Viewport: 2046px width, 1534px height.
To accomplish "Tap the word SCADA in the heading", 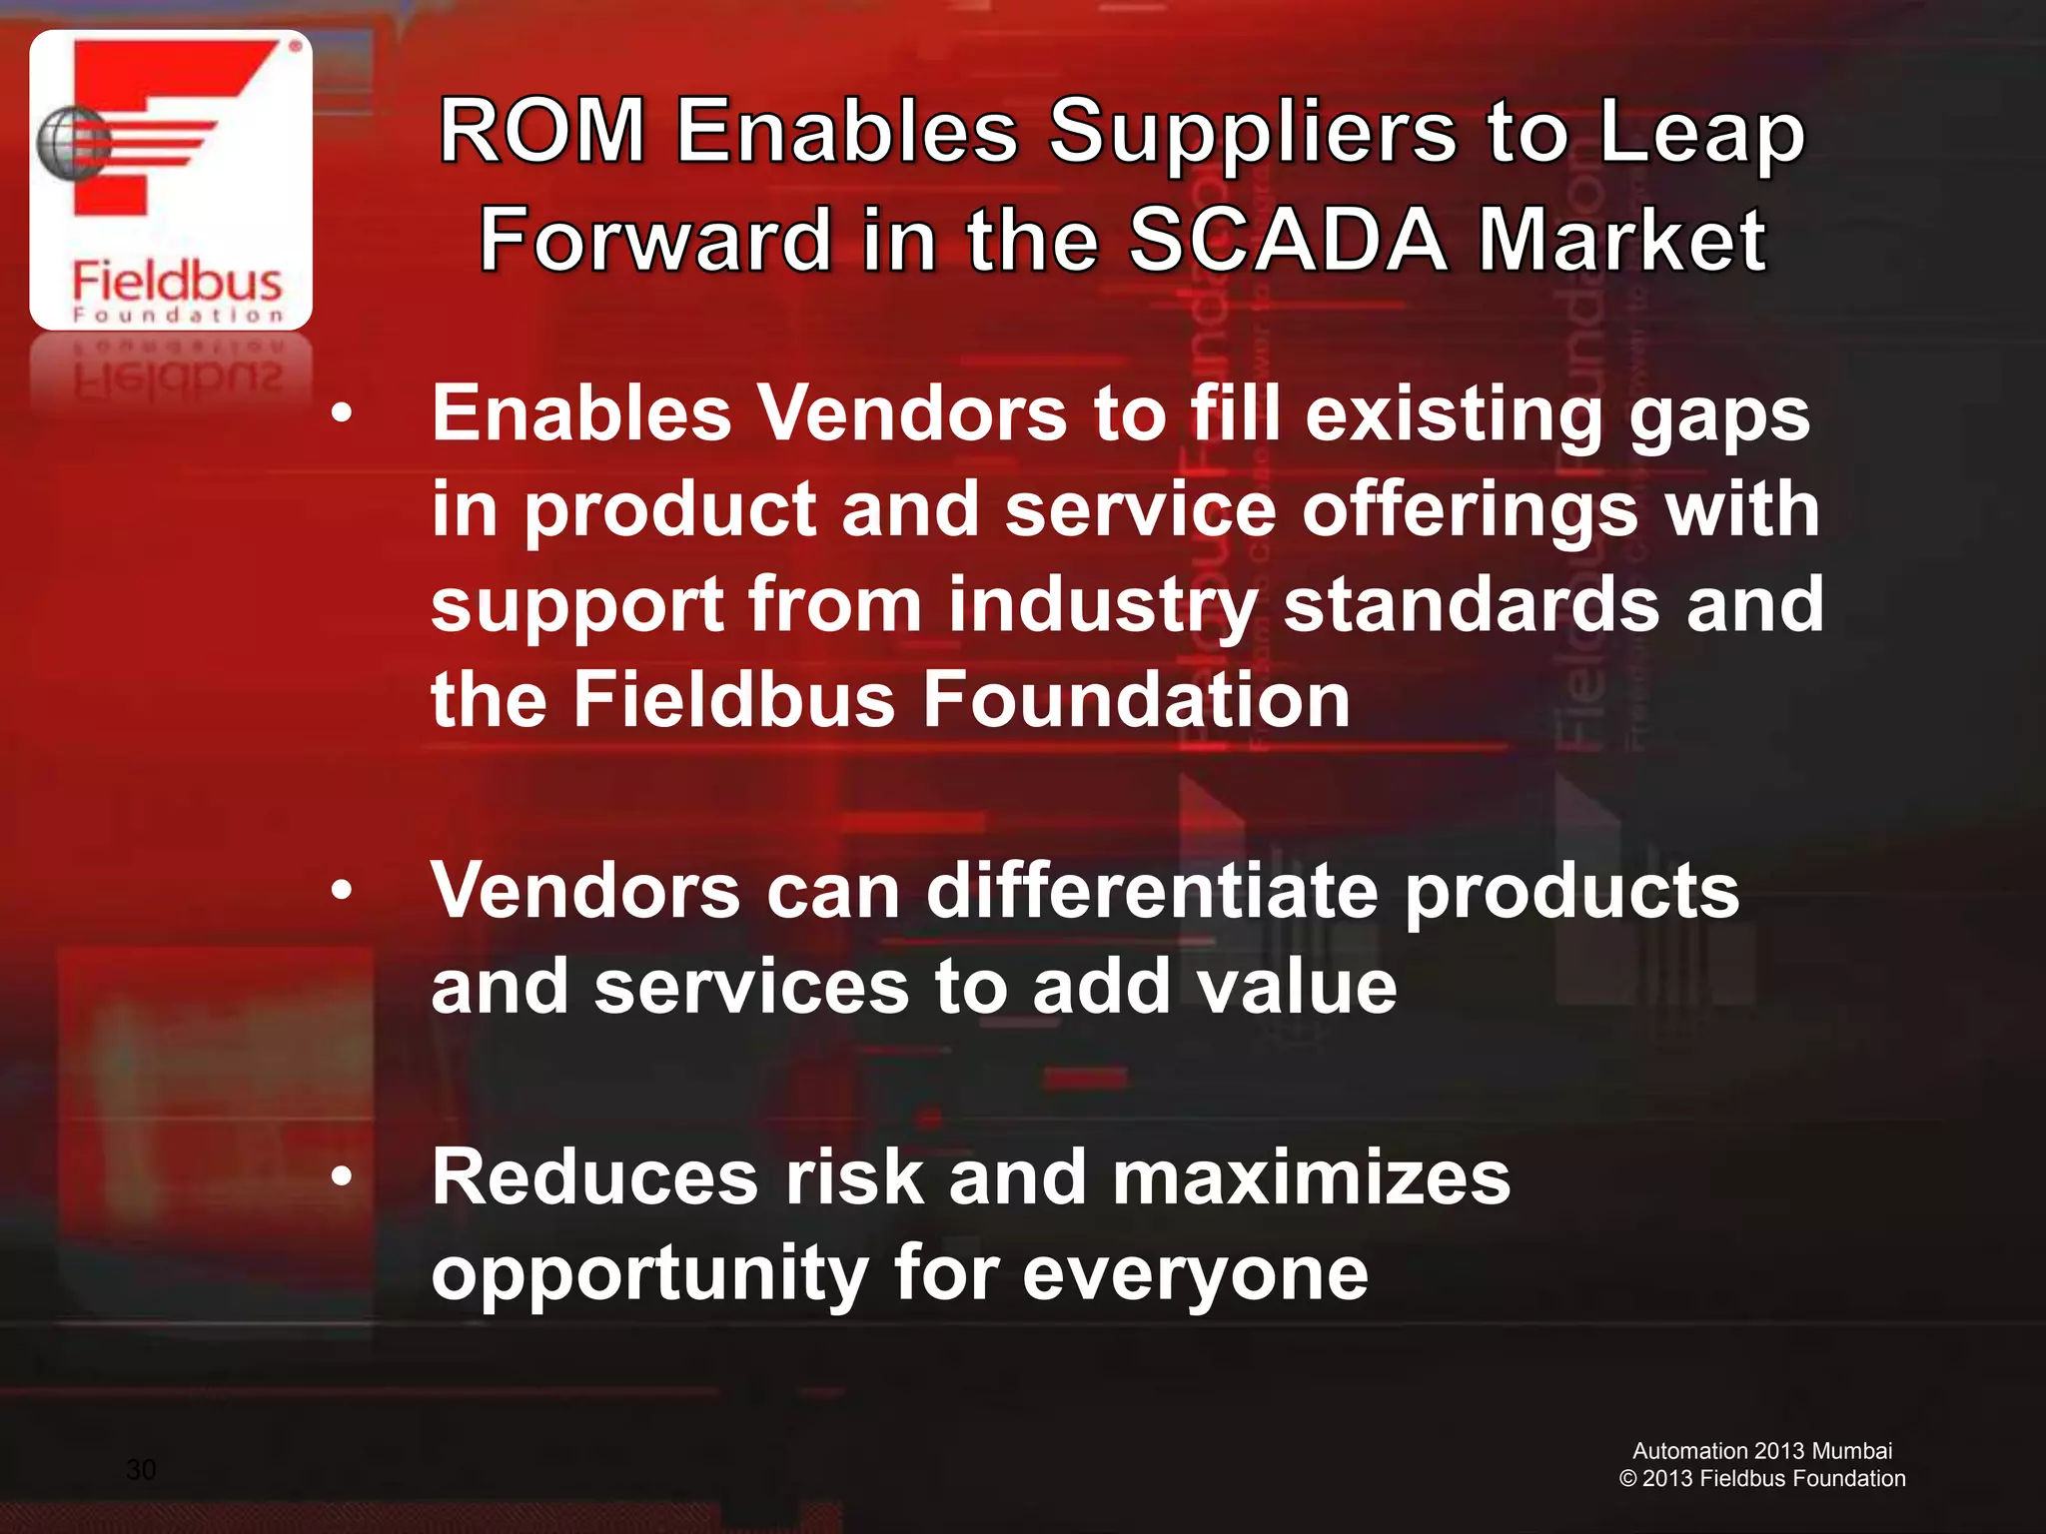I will pyautogui.click(x=1288, y=240).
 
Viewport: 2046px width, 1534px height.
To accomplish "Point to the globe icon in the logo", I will pyautogui.click(x=70, y=143).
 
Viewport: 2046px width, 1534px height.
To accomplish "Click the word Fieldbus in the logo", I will pyautogui.click(x=177, y=281).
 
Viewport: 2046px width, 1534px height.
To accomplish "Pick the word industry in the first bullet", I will pyautogui.click(x=1102, y=605).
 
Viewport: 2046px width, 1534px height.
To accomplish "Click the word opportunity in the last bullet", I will pyautogui.click(x=650, y=1275).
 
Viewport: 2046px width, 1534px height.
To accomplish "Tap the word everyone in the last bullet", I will pyautogui.click(x=1195, y=1275).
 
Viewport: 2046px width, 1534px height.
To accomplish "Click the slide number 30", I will pyautogui.click(x=141, y=1469).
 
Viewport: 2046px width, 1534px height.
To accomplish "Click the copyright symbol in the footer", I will pyautogui.click(x=1627, y=1479).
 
